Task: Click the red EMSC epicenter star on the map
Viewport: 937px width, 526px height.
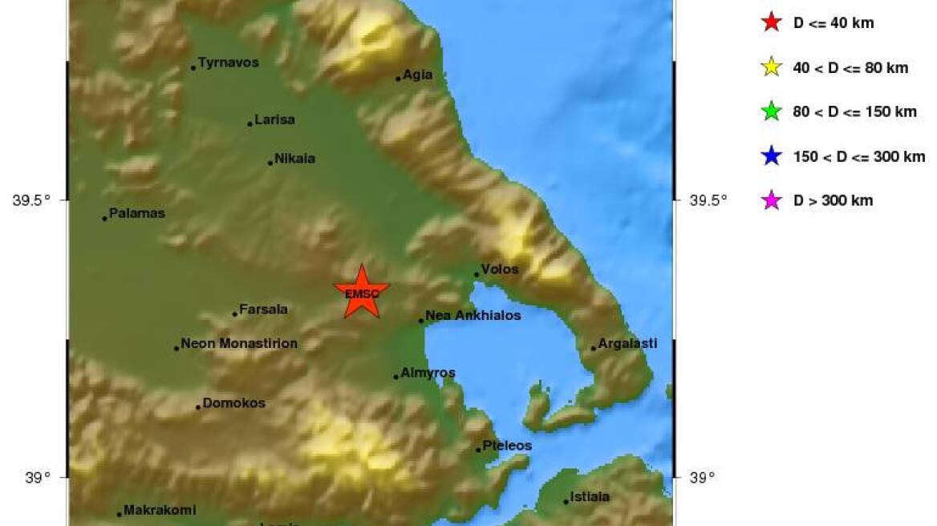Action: (362, 293)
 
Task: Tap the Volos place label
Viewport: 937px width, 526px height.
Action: (500, 269)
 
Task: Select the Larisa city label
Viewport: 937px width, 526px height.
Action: (274, 119)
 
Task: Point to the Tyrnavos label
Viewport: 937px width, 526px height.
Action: (228, 62)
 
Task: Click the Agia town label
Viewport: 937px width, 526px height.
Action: (417, 75)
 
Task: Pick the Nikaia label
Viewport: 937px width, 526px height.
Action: (294, 159)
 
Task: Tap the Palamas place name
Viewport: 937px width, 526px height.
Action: (136, 213)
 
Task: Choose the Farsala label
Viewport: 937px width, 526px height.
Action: (263, 309)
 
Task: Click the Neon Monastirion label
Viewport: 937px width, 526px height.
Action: (239, 343)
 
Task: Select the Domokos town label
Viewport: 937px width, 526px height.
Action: (233, 403)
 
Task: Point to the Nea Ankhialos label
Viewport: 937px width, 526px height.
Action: (473, 316)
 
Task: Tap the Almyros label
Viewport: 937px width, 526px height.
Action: (428, 373)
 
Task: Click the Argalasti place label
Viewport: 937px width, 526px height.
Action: (627, 343)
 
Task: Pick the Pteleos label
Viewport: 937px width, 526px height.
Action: (507, 445)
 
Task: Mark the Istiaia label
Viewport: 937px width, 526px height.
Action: (589, 496)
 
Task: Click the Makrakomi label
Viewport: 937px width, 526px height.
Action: (160, 510)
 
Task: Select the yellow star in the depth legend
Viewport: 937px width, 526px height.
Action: (771, 67)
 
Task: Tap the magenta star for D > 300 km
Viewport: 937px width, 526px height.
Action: (771, 200)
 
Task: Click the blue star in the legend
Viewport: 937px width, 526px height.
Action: (771, 156)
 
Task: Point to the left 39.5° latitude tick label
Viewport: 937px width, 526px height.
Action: (32, 200)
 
